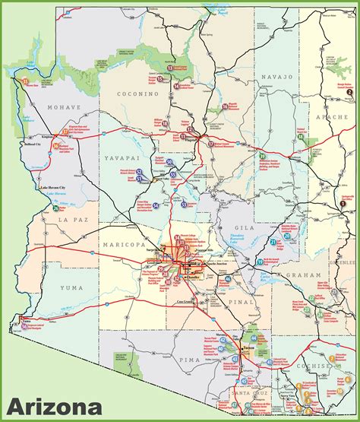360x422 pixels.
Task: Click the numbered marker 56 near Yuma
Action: coord(24,317)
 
